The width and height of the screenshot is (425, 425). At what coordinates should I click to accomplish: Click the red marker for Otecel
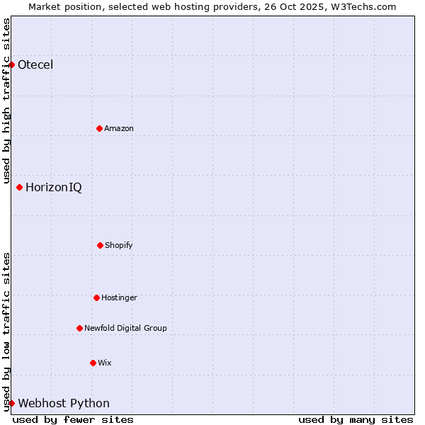pos(11,65)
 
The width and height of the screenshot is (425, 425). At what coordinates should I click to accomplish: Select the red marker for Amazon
pos(99,128)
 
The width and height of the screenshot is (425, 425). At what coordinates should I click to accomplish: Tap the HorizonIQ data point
pos(19,188)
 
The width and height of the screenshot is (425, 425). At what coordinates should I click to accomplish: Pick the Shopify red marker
pos(100,245)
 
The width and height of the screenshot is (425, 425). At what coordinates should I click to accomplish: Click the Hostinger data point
pos(96,297)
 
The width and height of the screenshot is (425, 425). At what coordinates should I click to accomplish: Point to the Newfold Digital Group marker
pos(79,328)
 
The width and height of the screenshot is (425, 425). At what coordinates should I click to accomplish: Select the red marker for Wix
pos(93,363)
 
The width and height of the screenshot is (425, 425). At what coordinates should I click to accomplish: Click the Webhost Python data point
pos(11,404)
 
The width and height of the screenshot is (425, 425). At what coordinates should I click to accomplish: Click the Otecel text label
pos(35,65)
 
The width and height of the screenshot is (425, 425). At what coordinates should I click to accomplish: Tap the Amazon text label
pos(119,128)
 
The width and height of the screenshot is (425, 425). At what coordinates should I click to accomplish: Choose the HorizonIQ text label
pos(53,188)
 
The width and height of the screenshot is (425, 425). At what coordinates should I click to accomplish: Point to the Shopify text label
pos(119,245)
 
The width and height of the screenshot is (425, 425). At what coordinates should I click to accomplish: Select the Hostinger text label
pos(119,297)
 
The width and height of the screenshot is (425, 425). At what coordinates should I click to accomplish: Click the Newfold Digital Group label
pos(125,328)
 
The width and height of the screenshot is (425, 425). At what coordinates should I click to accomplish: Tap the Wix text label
pos(105,363)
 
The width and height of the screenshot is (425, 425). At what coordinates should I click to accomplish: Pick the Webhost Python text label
pos(64,404)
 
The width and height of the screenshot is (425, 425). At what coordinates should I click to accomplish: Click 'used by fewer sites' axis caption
pos(73,419)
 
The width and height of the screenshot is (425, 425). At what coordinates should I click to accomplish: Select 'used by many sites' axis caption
pos(356,419)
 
